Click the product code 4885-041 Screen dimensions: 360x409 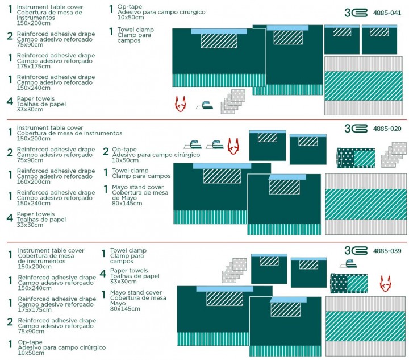pyautogui.click(x=387, y=12)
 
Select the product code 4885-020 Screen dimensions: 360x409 pyautogui.click(x=387, y=129)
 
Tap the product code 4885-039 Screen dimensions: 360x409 pyautogui.click(x=387, y=251)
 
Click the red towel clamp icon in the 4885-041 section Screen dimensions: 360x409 pyautogui.click(x=181, y=104)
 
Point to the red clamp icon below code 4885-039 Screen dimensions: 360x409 pyautogui.click(x=386, y=283)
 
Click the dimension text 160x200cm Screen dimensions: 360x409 pyautogui.click(x=34, y=182)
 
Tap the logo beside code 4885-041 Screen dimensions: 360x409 pyautogui.click(x=356, y=12)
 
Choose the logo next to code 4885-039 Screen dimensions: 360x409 pyautogui.click(x=356, y=251)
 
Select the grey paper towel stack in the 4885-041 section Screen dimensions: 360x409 pyautogui.click(x=233, y=101)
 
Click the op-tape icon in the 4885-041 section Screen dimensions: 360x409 pyautogui.click(x=204, y=105)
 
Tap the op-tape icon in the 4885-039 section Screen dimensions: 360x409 pyautogui.click(x=348, y=264)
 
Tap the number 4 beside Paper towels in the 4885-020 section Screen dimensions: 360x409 pyautogui.click(x=10, y=217)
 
